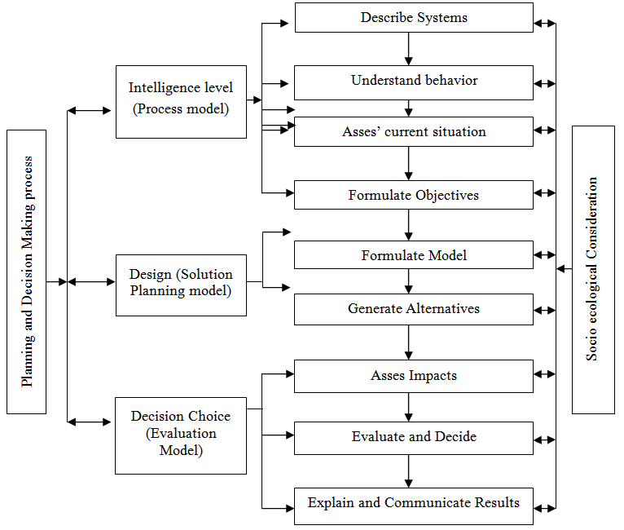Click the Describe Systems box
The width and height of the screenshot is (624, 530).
coord(414,18)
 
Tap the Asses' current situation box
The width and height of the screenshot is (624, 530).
coord(414,132)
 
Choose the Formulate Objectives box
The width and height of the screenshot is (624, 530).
coord(414,196)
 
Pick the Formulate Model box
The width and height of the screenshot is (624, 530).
coord(414,255)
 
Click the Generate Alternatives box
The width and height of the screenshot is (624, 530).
coord(414,309)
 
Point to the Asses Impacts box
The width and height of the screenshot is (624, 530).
coord(414,377)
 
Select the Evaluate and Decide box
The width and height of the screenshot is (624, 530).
coord(414,437)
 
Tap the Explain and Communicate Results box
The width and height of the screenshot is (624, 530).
coord(414,504)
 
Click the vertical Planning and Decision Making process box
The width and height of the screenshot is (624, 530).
coord(27,272)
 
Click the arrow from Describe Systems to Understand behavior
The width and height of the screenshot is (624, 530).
coord(409,49)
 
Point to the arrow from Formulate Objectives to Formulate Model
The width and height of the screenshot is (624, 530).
coord(409,225)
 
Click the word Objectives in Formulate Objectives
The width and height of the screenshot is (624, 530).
coord(447,196)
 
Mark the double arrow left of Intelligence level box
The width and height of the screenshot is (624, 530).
coord(89,110)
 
